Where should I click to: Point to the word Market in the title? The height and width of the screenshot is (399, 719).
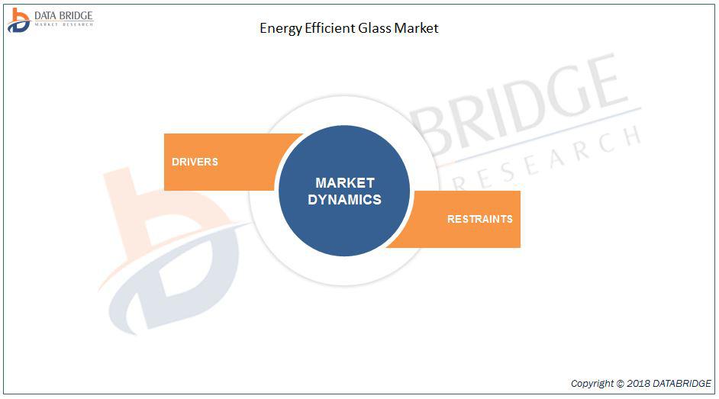(416, 28)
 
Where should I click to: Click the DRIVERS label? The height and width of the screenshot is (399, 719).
(195, 162)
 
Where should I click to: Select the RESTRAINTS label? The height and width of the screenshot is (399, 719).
(480, 219)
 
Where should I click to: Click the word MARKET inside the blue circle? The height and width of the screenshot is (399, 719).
(345, 183)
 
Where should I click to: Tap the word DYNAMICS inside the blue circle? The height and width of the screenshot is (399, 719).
(344, 200)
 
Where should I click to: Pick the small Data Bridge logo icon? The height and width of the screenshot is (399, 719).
(18, 21)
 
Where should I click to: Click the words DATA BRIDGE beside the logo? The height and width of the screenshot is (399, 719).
(64, 15)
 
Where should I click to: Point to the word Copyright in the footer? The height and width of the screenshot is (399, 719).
(592, 384)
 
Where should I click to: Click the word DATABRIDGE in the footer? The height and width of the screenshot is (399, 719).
(682, 384)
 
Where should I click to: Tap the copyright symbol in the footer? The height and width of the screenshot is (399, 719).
(620, 384)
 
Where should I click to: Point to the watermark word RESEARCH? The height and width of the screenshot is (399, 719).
(546, 158)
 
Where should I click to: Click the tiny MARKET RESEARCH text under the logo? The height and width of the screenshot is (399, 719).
(64, 24)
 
